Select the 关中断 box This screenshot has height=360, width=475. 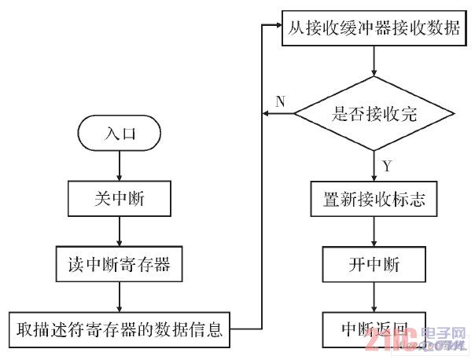[119, 200]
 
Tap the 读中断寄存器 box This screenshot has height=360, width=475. [119, 266]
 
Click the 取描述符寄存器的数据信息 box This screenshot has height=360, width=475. [118, 329]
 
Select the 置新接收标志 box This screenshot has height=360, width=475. [374, 200]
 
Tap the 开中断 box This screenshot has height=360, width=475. [374, 266]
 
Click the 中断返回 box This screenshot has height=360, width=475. [374, 329]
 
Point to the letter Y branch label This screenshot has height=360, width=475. [386, 166]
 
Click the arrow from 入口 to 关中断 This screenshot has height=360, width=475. [119, 167]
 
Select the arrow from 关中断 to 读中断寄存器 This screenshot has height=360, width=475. [119, 233]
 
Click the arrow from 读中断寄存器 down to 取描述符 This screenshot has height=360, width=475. [119, 297]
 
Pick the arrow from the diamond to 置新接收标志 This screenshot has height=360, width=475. [374, 168]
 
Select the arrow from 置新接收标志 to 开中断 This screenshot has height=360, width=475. [374, 233]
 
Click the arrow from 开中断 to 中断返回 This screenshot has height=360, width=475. [374, 297]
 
